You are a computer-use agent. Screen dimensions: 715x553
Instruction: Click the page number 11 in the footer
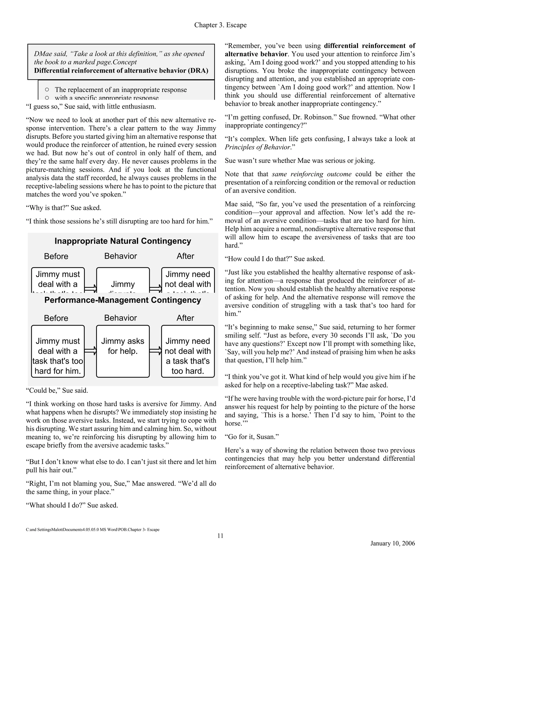click(x=220, y=536)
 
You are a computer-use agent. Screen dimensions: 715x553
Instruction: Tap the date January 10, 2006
click(x=392, y=543)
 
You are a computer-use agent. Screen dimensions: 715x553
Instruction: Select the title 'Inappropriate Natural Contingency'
click(x=123, y=241)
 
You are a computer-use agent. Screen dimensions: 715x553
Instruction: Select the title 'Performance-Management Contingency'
click(x=123, y=300)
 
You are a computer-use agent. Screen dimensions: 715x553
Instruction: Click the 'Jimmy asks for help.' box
click(x=123, y=351)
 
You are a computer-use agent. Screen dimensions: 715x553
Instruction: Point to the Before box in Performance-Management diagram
click(x=58, y=351)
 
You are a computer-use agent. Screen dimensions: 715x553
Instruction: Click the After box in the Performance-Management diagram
click(x=188, y=351)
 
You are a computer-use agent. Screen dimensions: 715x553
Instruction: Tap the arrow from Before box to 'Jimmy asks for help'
click(x=90, y=351)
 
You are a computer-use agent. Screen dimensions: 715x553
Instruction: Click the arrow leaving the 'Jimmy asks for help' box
click(x=156, y=351)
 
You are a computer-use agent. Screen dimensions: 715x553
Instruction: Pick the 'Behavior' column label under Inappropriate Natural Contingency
click(x=120, y=256)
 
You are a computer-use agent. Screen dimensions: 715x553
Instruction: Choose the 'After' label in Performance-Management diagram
click(x=186, y=318)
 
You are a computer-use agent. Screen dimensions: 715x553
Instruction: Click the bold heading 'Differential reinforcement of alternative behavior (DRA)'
click(x=121, y=71)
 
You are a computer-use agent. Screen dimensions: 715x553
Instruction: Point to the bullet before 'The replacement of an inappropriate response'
click(x=47, y=89)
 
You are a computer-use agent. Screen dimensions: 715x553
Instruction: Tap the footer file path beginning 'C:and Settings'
click(x=92, y=530)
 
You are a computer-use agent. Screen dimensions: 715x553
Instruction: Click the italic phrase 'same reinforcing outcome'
click(x=312, y=174)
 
